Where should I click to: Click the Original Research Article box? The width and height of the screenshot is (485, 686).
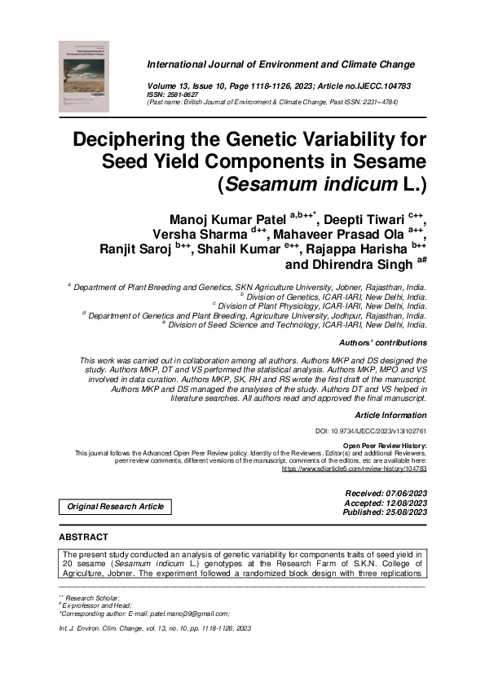point(115,507)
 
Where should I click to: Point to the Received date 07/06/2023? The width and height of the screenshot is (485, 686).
point(403,495)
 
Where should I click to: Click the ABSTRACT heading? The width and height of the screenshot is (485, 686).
point(83,538)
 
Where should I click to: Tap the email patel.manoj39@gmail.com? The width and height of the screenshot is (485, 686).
point(190,613)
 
